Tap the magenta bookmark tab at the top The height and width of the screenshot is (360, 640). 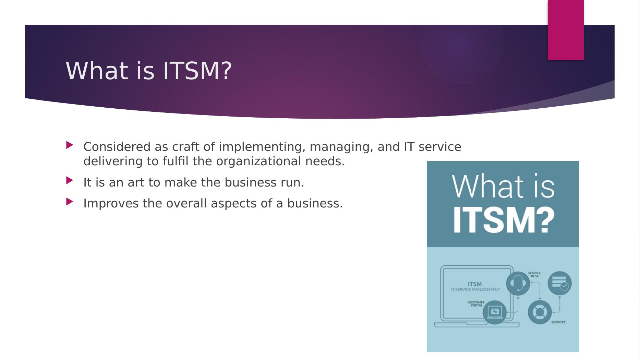point(565,30)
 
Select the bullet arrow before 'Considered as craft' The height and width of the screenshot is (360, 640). point(70,145)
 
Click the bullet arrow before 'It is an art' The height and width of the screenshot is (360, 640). point(70,180)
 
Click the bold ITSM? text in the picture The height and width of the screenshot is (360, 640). point(503,220)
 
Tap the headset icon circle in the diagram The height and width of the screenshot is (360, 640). point(518,283)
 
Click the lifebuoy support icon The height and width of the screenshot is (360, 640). point(540,312)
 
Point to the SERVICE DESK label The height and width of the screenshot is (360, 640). point(534,275)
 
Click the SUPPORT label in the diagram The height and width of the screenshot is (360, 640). point(558,322)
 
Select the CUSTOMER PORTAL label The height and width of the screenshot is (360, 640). point(476,304)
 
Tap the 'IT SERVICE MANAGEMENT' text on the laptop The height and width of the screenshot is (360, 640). point(475,289)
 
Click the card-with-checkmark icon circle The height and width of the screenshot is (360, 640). point(559,283)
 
